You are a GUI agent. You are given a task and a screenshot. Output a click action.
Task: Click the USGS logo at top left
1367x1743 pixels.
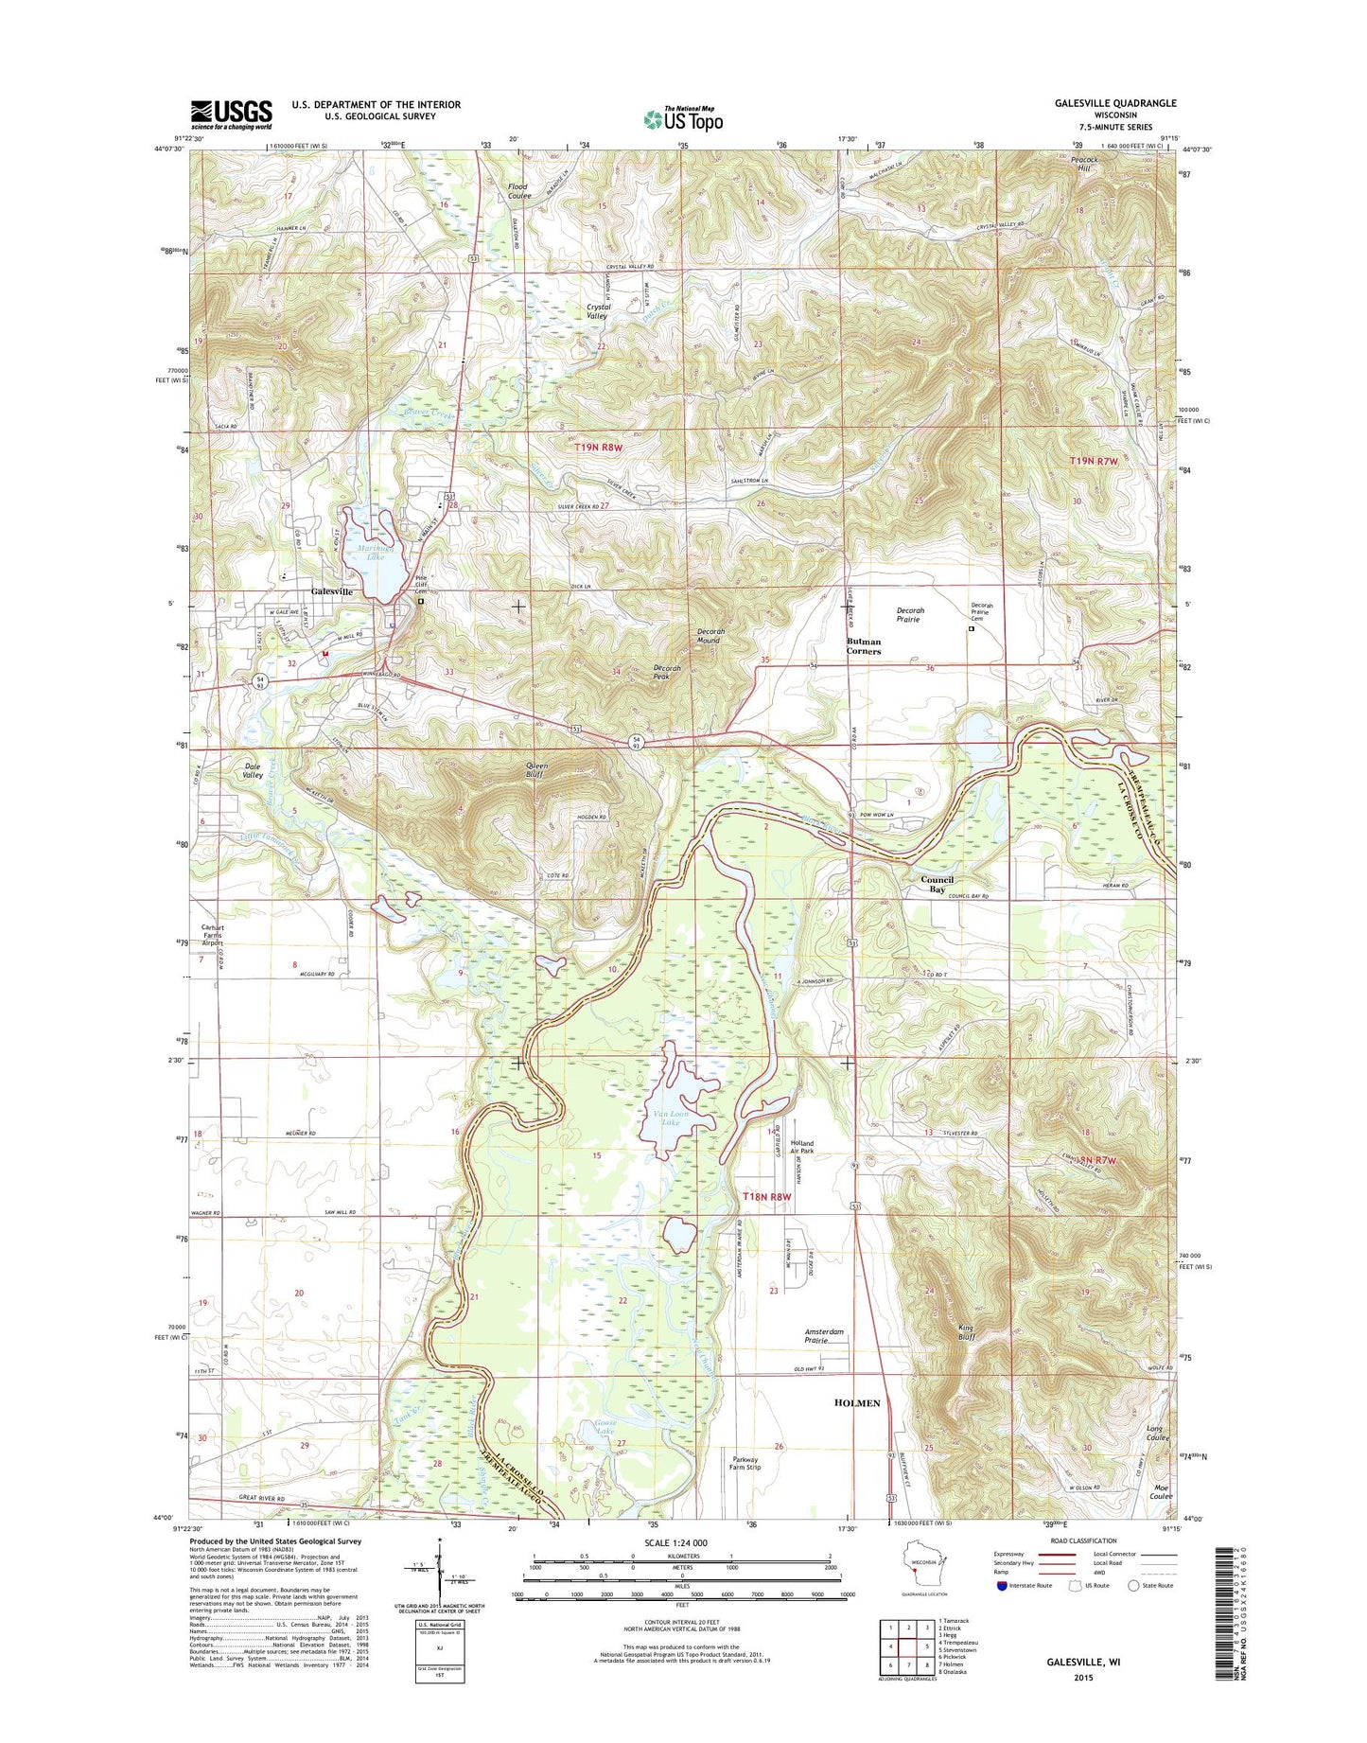(x=231, y=114)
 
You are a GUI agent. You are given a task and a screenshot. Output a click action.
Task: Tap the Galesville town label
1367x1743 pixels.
(x=332, y=591)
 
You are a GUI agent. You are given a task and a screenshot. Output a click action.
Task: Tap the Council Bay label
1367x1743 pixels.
(x=937, y=884)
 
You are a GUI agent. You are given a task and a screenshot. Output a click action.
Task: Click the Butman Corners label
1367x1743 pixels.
(x=863, y=646)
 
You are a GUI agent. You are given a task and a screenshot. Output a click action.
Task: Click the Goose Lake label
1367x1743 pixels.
(x=605, y=1427)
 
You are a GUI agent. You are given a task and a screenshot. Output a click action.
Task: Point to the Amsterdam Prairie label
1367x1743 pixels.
(x=823, y=1336)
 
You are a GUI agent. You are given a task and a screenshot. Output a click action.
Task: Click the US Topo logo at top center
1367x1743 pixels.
(x=683, y=118)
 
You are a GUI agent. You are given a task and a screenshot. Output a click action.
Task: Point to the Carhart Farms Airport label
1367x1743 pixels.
(x=212, y=935)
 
